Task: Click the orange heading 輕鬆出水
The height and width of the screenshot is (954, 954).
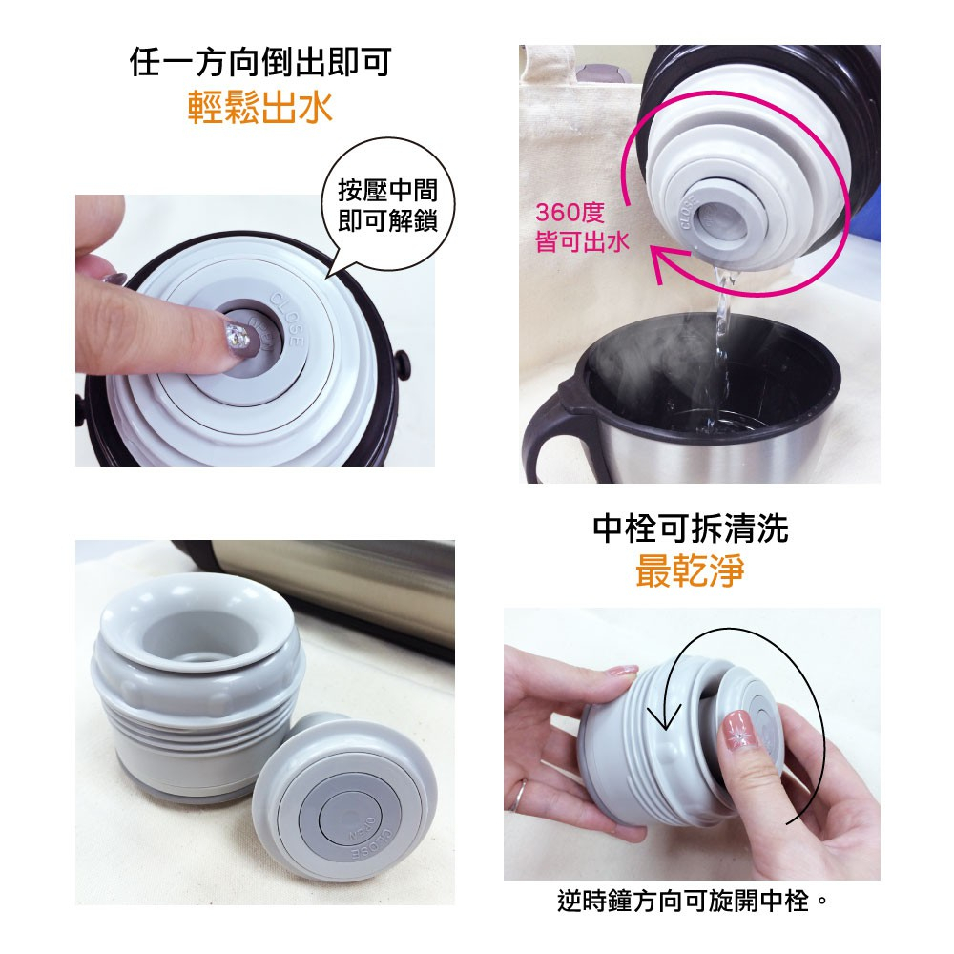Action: pos(260,108)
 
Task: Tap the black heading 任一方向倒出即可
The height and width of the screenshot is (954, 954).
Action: pos(260,62)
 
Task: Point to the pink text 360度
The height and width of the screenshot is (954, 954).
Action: pos(570,213)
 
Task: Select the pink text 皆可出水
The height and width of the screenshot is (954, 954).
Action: pos(582,241)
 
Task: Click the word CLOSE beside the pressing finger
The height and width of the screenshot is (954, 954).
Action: pos(286,319)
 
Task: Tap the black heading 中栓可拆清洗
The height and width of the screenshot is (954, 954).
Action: pos(691,528)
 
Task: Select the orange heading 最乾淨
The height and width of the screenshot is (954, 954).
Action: pos(690,570)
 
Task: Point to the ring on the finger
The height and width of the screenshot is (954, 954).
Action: pos(517,796)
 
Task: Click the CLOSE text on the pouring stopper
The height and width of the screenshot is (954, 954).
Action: pos(691,213)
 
